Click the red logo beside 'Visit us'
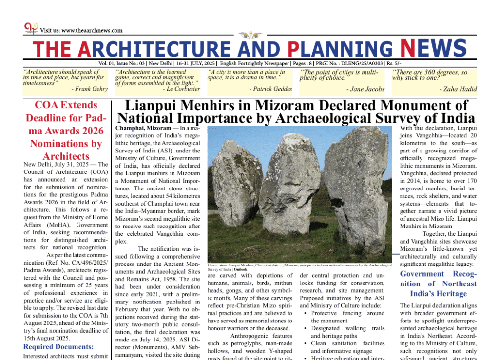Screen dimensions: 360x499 pos(31,28)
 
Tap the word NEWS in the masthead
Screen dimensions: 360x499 pos(433,48)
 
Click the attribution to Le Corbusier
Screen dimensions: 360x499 pos(181,89)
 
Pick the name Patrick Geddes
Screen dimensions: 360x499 pos(272,89)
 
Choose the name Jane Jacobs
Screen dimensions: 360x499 pos(365,89)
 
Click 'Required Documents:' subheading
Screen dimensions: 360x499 pos(58,347)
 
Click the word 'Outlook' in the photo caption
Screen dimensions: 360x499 pos(240,269)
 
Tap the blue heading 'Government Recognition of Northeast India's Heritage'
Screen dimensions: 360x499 pos(438,284)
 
